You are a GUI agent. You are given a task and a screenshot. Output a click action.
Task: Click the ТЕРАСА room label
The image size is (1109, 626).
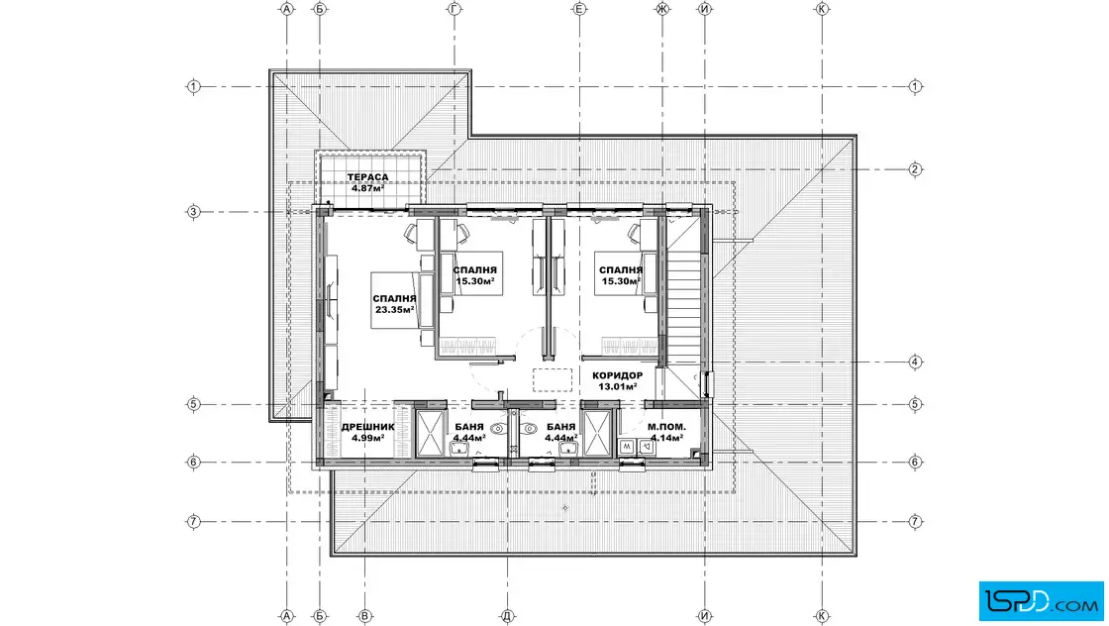[367, 177]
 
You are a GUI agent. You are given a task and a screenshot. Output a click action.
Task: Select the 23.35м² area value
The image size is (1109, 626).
[395, 310]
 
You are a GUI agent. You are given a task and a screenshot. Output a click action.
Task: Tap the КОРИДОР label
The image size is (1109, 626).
[618, 375]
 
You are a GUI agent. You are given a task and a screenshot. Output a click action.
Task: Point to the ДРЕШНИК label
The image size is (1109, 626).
[367, 427]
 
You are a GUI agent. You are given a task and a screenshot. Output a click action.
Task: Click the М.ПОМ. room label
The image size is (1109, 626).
[666, 427]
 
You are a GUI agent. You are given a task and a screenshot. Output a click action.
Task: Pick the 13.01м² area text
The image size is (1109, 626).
[618, 387]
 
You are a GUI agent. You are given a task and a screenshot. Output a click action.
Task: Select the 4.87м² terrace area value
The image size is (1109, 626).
[367, 188]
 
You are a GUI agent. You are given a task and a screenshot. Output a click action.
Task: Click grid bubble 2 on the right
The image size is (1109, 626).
[915, 169]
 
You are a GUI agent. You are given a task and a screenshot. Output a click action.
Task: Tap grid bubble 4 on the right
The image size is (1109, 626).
[915, 363]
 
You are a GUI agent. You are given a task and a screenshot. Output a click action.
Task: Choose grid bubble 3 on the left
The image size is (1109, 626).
[193, 212]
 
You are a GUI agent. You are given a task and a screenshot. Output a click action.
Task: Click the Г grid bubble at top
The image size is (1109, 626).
[454, 9]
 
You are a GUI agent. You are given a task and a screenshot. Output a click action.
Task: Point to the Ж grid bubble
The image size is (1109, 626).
[662, 9]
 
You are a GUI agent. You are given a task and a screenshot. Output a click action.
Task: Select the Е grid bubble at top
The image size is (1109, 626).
[579, 9]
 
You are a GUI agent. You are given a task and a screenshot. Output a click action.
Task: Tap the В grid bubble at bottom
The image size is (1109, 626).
[365, 616]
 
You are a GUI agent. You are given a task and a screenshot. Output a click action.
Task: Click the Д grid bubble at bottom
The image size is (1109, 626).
[507, 616]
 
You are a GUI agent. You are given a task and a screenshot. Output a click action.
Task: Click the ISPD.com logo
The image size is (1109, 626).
[1041, 600]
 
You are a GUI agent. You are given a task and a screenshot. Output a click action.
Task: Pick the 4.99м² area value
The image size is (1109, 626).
[367, 438]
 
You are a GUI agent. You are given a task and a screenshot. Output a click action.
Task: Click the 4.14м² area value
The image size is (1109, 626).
[666, 438]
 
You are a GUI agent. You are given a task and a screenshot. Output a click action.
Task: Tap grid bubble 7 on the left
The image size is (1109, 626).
[193, 522]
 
